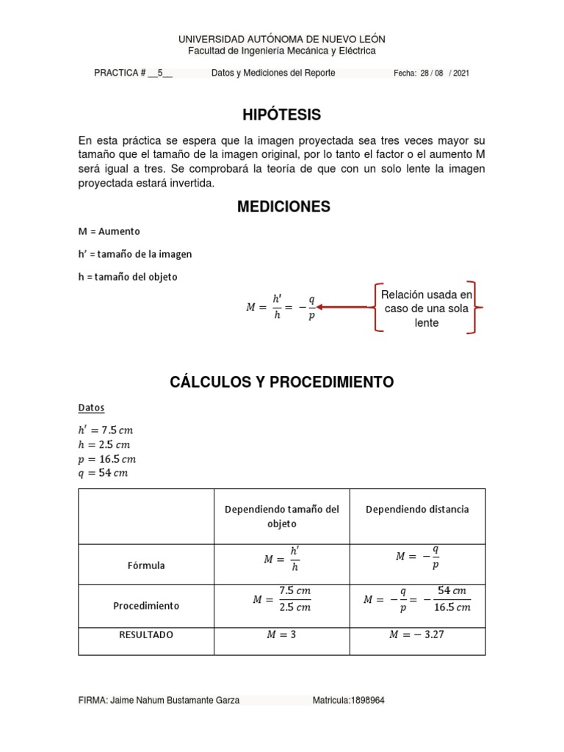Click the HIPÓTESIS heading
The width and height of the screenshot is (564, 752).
coord(282,115)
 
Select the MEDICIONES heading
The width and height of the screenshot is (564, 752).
coord(283,207)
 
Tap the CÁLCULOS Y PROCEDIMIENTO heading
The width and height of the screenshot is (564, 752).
coord(282,382)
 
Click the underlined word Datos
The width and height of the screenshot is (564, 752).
coord(92,407)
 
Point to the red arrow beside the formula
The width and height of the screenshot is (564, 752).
coord(342,307)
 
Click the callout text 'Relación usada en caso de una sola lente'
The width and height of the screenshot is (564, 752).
coord(425,308)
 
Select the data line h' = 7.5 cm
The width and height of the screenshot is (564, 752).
coord(106,430)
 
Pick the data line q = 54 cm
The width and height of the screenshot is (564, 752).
coord(103,473)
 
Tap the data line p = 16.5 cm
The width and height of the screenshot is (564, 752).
coord(107,459)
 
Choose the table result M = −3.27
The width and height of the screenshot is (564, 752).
coord(417,634)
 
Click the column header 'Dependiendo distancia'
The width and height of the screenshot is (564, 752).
coord(417,509)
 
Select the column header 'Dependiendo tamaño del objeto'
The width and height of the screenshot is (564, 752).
coord(282,516)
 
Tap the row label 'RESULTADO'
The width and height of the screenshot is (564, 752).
coord(145,634)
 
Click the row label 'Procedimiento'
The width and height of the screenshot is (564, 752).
coord(145,606)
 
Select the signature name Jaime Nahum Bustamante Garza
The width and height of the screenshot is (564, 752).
coord(174,701)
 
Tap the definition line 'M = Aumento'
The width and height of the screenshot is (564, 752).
coord(109,231)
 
